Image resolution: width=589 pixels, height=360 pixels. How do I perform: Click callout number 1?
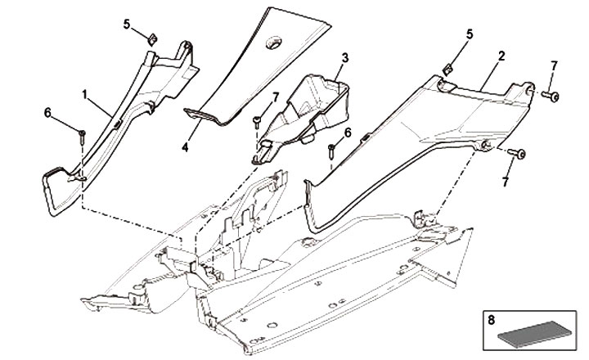click(84, 94)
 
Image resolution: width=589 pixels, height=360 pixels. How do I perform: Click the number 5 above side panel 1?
click(127, 24)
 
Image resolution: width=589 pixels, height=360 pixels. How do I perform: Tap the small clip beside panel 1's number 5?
click(151, 38)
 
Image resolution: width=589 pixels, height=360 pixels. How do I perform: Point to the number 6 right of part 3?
click(348, 132)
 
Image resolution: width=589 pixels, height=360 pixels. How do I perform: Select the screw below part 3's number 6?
click(330, 151)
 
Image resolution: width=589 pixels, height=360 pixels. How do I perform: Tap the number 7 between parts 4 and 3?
click(277, 97)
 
